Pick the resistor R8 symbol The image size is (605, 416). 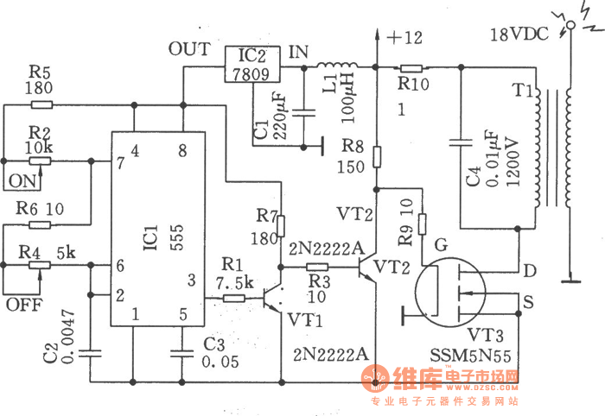[377, 157]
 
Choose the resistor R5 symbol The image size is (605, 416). [41, 106]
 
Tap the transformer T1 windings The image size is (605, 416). [553, 151]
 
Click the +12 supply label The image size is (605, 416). [404, 38]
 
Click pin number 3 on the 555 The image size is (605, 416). [192, 279]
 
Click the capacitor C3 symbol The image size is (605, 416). [181, 350]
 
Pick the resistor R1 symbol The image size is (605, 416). [234, 299]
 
